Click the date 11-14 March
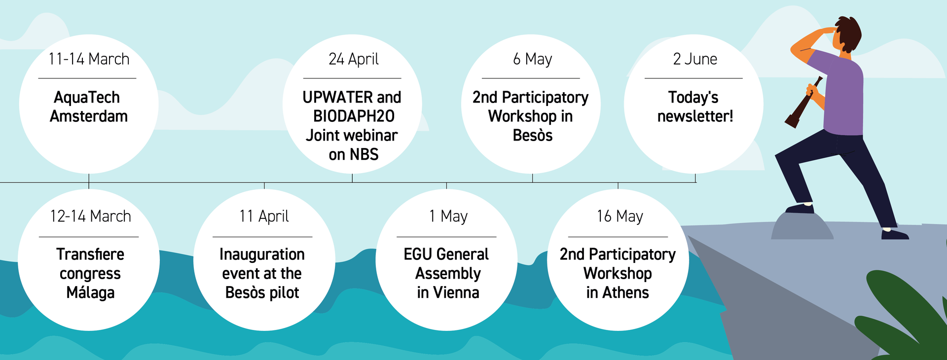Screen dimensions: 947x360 [x=89, y=59]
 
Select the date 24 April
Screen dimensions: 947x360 [x=354, y=59]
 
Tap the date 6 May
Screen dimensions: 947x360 [x=533, y=59]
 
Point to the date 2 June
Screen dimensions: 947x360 [x=695, y=59]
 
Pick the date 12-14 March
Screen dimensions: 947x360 [x=90, y=216]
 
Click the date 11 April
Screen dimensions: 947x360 [x=264, y=216]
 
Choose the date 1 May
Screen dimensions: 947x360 [x=448, y=216]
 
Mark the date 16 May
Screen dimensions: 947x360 [x=620, y=216]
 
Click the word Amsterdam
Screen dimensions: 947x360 [x=89, y=116]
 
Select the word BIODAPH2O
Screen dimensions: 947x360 [x=354, y=116]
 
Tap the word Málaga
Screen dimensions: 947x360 [x=90, y=292]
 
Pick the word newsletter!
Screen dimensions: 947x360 [x=695, y=116]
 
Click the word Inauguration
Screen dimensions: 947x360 [x=262, y=254]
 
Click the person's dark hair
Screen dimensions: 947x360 [x=848, y=34]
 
